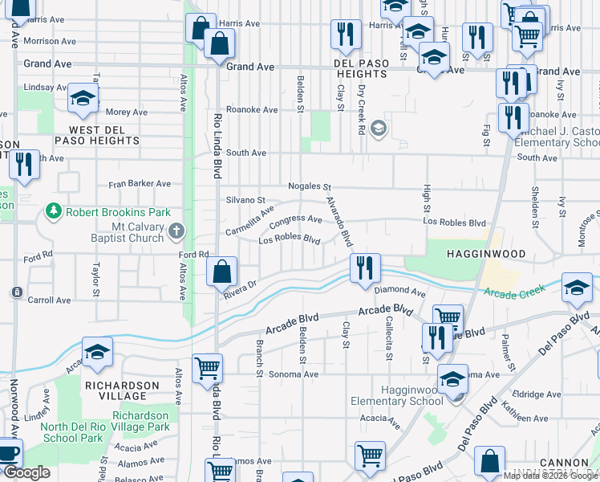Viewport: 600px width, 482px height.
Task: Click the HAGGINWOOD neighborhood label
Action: point(485,254)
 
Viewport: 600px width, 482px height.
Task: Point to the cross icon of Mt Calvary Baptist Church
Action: point(176,231)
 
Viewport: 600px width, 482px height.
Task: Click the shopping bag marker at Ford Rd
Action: point(221,272)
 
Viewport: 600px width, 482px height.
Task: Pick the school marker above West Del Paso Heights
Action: point(83,98)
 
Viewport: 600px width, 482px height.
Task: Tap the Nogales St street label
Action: point(310,185)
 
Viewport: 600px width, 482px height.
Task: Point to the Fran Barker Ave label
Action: point(140,183)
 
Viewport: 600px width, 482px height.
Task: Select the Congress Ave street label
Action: point(295,219)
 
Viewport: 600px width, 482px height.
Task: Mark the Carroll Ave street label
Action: point(50,300)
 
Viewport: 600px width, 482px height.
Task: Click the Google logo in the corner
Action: point(26,472)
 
